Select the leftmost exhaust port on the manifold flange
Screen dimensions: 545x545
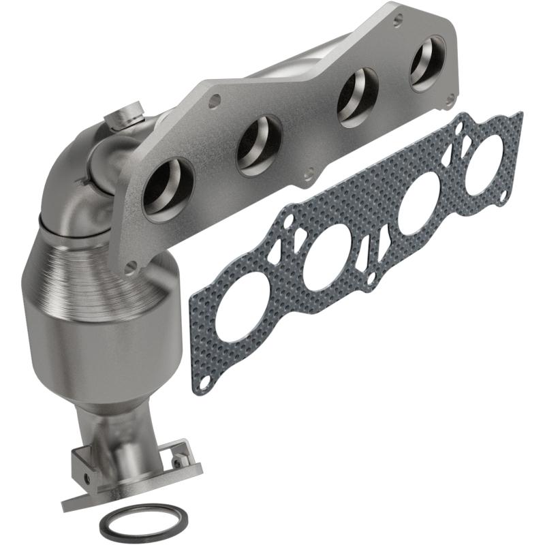pyautogui.click(x=164, y=189)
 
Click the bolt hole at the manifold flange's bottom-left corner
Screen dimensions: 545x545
pyautogui.click(x=132, y=265)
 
